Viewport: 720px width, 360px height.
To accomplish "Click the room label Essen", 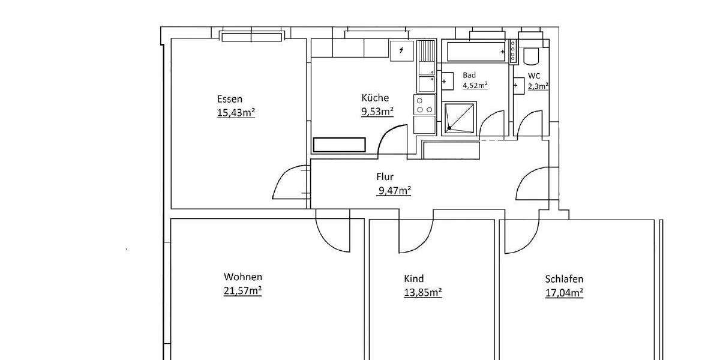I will [230, 99].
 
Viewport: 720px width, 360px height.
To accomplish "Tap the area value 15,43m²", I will [236, 112].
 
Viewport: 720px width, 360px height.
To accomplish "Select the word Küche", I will [375, 98].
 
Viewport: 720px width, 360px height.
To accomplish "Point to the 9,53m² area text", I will [377, 111].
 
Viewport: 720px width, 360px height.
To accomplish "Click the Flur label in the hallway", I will [385, 178].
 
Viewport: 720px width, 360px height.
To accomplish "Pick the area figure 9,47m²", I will [394, 191].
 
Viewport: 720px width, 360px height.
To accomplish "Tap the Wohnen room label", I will [243, 277].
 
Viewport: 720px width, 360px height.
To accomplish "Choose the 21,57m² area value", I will [242, 291].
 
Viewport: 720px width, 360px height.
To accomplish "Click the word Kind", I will [414, 278].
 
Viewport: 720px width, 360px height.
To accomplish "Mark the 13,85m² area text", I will [423, 292].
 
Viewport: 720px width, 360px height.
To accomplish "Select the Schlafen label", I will [564, 279].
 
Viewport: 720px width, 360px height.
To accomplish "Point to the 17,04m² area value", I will [565, 293].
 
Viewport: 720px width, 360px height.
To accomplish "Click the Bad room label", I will [469, 75].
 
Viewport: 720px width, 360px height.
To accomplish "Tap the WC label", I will [534, 76].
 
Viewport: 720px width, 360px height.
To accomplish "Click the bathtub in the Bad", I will [476, 52].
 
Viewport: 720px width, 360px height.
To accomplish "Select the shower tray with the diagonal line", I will [459, 118].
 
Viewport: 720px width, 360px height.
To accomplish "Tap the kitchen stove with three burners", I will [425, 105].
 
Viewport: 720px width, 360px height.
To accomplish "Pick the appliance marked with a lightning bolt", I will [401, 51].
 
